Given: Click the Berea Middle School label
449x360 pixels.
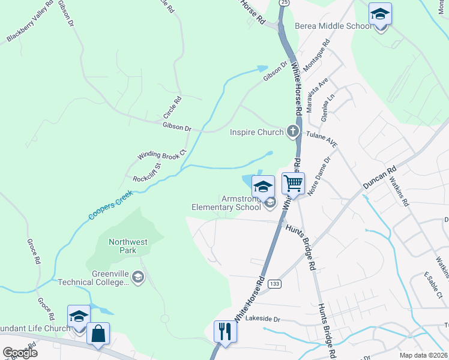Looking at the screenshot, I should pyautogui.click(x=333, y=26).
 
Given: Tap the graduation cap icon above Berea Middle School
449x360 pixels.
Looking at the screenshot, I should pyautogui.click(x=380, y=13).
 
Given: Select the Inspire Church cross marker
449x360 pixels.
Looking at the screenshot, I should pyautogui.click(x=293, y=131).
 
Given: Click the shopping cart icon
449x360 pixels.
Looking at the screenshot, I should pyautogui.click(x=293, y=183).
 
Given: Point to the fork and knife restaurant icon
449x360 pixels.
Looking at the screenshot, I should pyautogui.click(x=225, y=331).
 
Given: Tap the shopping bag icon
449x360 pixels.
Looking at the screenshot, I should pyautogui.click(x=98, y=333).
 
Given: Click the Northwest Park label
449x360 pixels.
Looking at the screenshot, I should pyautogui.click(x=128, y=247).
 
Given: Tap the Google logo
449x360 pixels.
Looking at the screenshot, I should pyautogui.click(x=20, y=353).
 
